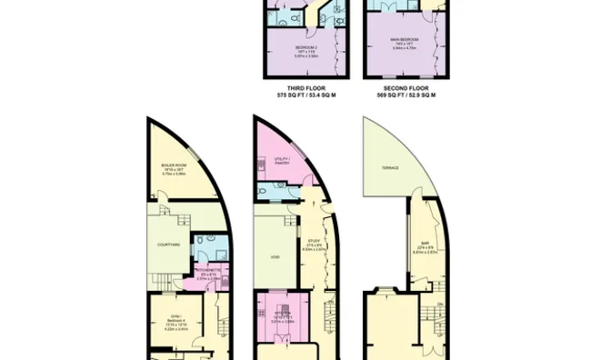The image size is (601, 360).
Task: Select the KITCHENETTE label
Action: click(x=210, y=272)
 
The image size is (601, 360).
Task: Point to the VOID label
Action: click(x=275, y=256)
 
